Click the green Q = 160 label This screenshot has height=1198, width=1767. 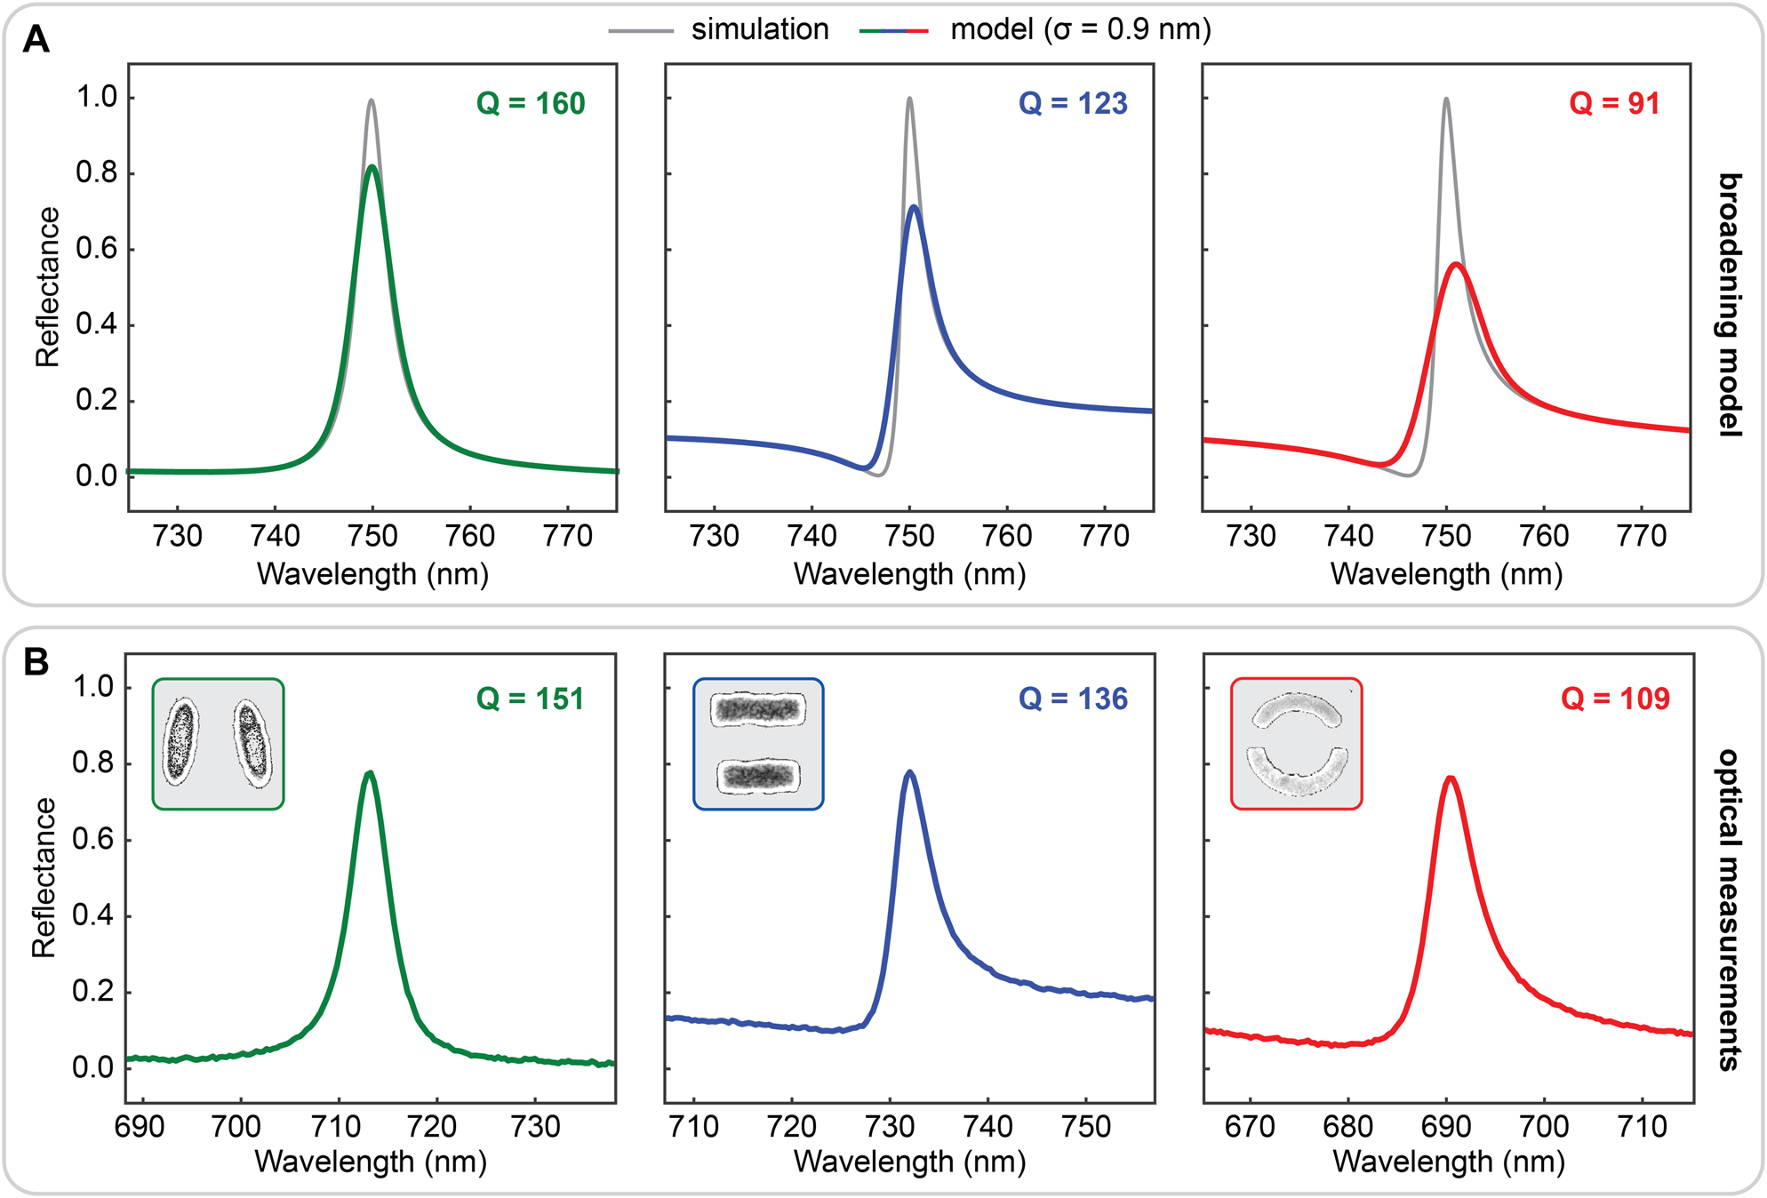pyautogui.click(x=531, y=104)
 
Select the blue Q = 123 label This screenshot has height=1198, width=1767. pyautogui.click(x=1073, y=104)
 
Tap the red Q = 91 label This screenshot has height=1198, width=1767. pyautogui.click(x=1614, y=104)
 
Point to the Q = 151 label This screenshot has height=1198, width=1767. pyautogui.click(x=531, y=699)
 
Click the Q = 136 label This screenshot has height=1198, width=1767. pyautogui.click(x=1073, y=699)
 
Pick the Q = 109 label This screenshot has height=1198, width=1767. pyautogui.click(x=1615, y=699)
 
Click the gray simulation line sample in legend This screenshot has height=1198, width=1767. pyautogui.click(x=641, y=31)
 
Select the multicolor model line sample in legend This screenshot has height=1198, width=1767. pyautogui.click(x=893, y=31)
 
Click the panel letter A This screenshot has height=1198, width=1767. pyautogui.click(x=36, y=39)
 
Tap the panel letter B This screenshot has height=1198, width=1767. pyautogui.click(x=36, y=662)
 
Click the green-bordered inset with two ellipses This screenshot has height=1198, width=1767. pyautogui.click(x=218, y=744)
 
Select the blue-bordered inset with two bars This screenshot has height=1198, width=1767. pyautogui.click(x=758, y=744)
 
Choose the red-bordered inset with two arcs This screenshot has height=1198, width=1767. pyautogui.click(x=1296, y=744)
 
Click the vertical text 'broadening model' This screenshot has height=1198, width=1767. pyautogui.click(x=1728, y=305)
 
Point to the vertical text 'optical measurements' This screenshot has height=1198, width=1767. pyautogui.click(x=1728, y=910)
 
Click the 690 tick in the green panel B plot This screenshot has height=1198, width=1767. pyautogui.click(x=140, y=1127)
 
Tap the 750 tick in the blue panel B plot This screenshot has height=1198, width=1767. pyautogui.click(x=1086, y=1127)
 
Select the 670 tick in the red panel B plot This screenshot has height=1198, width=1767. pyautogui.click(x=1250, y=1127)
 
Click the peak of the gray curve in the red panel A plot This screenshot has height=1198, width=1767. pyautogui.click(x=1446, y=99)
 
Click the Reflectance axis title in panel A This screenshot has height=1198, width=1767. pyautogui.click(x=47, y=287)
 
